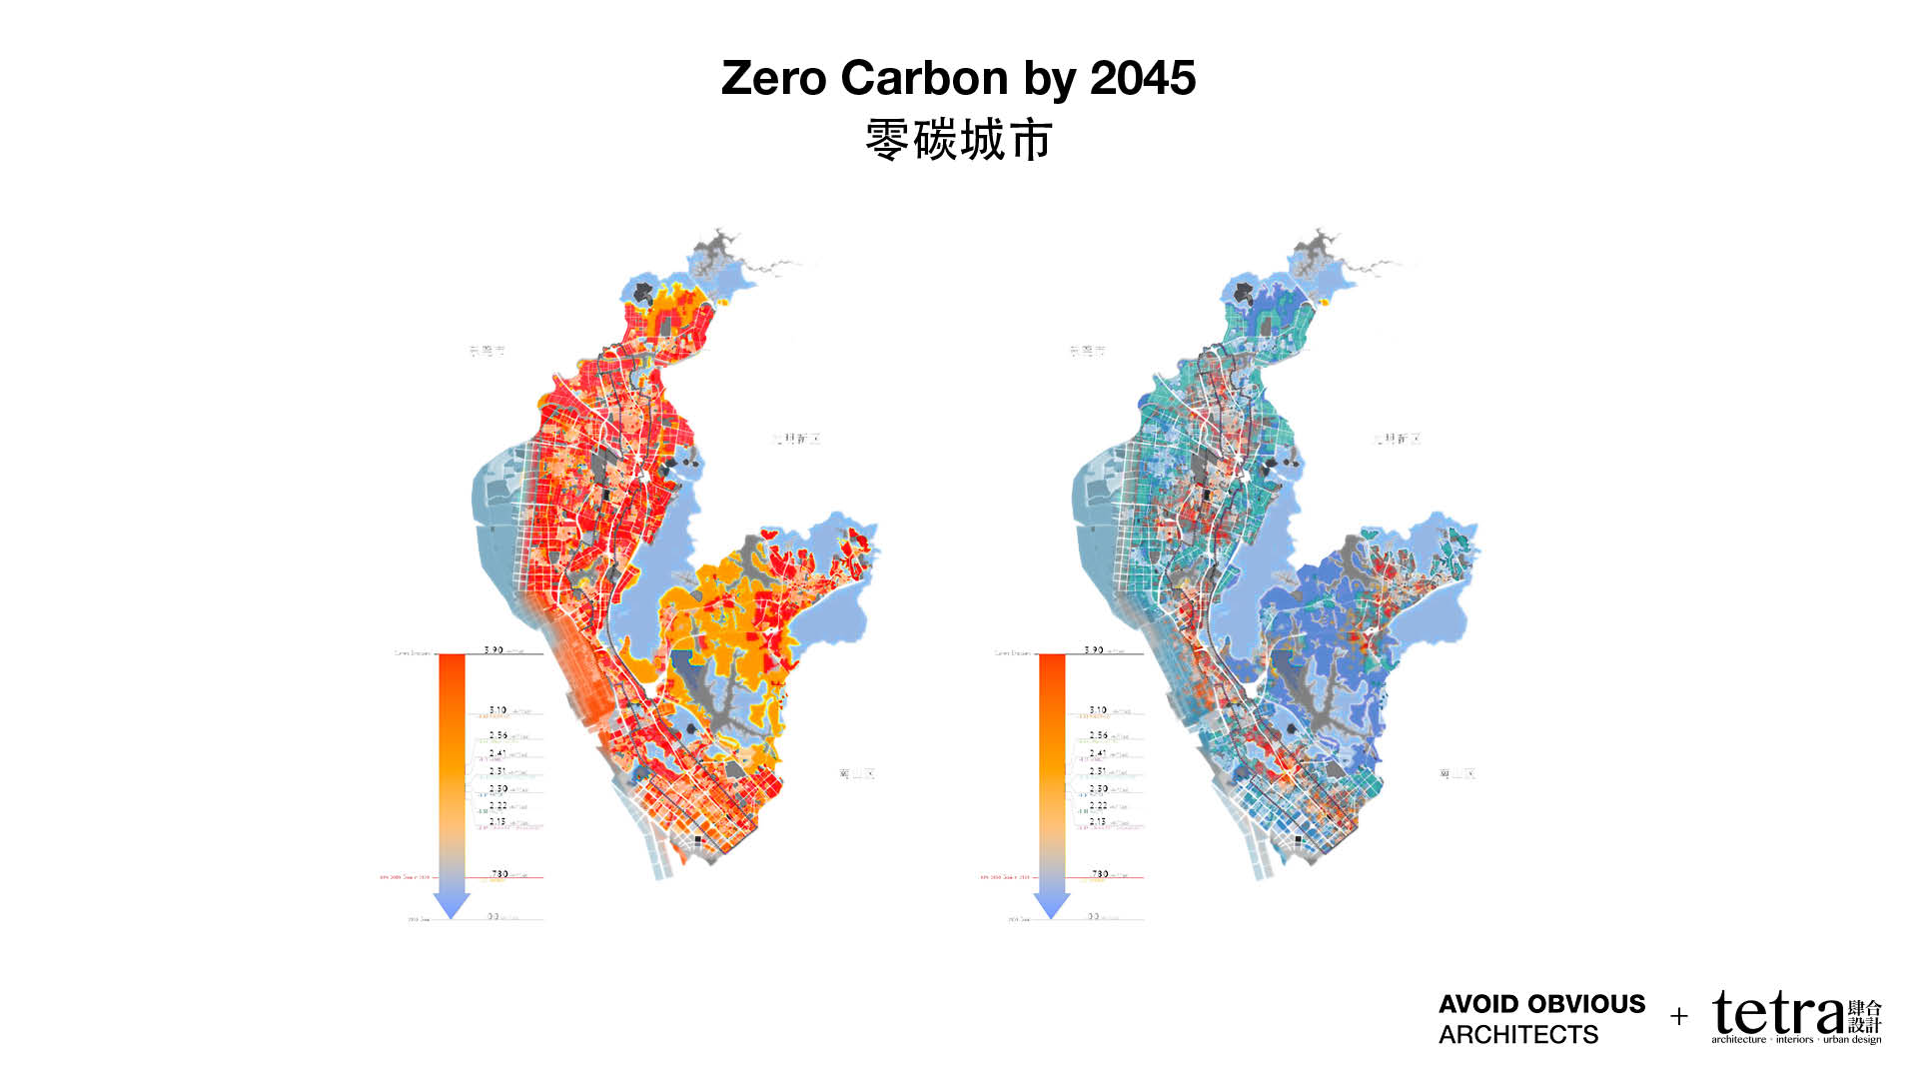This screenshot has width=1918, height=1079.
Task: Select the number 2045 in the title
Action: pyautogui.click(x=1142, y=78)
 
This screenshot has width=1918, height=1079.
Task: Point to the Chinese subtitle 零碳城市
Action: pyautogui.click(x=958, y=140)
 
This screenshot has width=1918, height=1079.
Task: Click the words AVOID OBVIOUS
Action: pyautogui.click(x=1541, y=1004)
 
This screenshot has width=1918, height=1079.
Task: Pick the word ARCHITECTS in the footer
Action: pyautogui.click(x=1517, y=1035)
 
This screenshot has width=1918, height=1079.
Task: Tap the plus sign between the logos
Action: pyautogui.click(x=1679, y=1017)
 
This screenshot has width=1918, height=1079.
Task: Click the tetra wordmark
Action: pyautogui.click(x=1777, y=1014)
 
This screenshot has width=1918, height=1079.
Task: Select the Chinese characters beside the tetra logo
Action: pyautogui.click(x=1865, y=1017)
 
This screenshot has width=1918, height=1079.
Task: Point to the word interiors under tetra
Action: pyautogui.click(x=1794, y=1040)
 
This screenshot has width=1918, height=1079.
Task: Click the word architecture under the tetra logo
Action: pyautogui.click(x=1738, y=1040)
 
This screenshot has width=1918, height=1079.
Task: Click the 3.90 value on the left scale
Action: pyautogui.click(x=493, y=649)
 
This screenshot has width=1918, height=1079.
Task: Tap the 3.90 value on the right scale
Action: pyautogui.click(x=1094, y=649)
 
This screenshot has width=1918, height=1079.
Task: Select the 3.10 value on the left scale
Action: pyautogui.click(x=497, y=709)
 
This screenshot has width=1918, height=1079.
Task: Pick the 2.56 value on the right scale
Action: pyautogui.click(x=1098, y=735)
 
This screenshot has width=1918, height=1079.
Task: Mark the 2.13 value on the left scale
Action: pyautogui.click(x=497, y=821)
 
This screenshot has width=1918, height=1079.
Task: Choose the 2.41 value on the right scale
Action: pyautogui.click(x=1098, y=753)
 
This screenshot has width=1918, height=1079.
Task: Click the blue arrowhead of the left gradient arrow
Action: pyautogui.click(x=452, y=904)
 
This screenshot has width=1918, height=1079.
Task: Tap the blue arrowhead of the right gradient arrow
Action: pyautogui.click(x=1052, y=904)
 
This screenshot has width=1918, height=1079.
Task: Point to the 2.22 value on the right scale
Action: pyautogui.click(x=1098, y=804)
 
